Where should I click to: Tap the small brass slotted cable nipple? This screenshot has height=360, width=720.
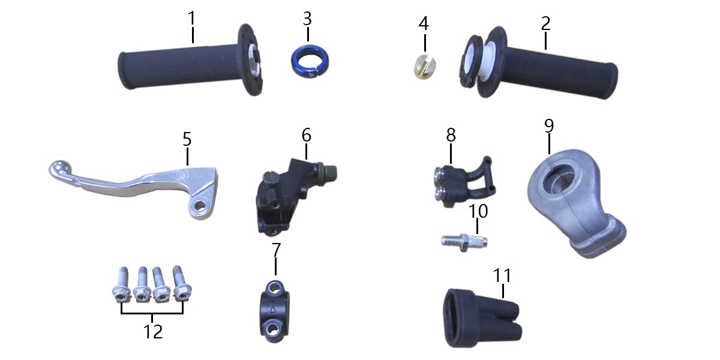click(424, 67)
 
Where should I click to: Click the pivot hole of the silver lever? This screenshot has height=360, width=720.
click(202, 205)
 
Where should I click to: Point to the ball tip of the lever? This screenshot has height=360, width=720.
click(59, 169)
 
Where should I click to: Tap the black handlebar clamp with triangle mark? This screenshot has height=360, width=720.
click(274, 311)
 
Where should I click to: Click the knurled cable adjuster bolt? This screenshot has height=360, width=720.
click(464, 243)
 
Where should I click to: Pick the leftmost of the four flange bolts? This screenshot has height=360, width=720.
click(120, 285)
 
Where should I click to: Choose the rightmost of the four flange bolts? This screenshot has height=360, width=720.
click(182, 283)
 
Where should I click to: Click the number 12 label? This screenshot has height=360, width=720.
click(152, 331)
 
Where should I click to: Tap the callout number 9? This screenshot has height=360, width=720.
click(549, 126)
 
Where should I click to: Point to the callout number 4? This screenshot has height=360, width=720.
click(424, 23)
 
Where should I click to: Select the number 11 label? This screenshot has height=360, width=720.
click(502, 275)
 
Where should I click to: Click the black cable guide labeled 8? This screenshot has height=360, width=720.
click(463, 182)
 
